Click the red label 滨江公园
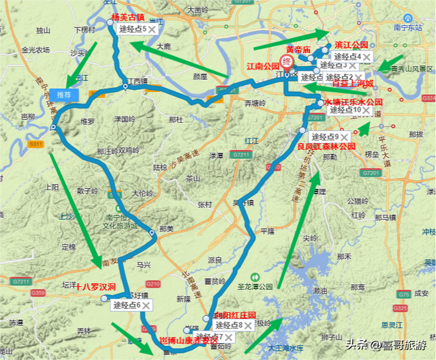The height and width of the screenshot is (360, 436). pos(352,45)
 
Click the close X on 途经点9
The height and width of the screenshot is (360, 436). pos(345,137)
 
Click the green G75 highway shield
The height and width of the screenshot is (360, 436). pos(405,294)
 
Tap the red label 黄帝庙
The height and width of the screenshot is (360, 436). pos(298,50)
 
